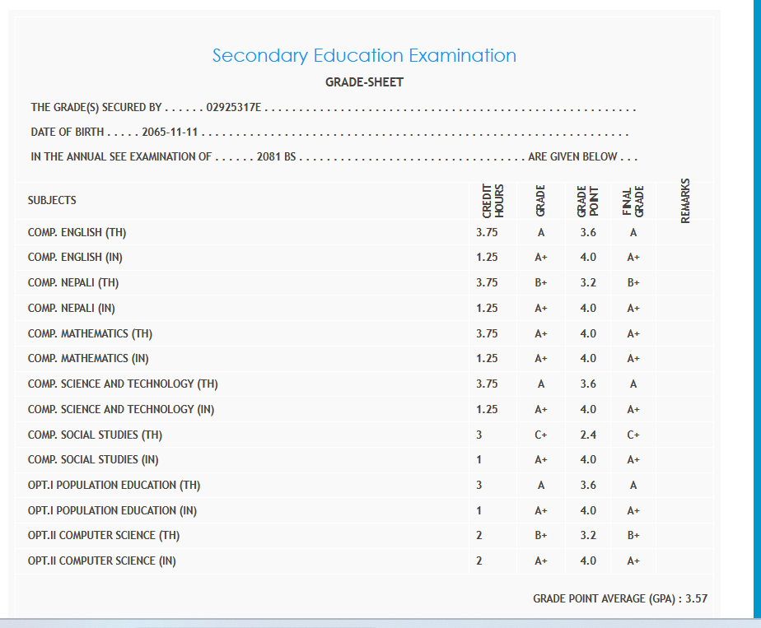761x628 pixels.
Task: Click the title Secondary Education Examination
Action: [364, 56]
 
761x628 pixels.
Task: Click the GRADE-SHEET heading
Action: [364, 82]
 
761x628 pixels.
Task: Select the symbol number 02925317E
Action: [234, 108]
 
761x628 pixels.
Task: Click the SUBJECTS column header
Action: [52, 200]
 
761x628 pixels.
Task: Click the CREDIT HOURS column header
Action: [493, 200]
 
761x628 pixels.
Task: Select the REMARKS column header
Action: [686, 200]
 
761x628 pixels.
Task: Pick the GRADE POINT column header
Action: [587, 200]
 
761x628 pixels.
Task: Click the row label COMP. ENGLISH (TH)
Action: [77, 233]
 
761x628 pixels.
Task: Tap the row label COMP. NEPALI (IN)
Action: [71, 308]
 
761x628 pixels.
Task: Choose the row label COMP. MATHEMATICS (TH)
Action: [90, 333]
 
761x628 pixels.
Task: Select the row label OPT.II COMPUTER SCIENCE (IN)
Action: [101, 561]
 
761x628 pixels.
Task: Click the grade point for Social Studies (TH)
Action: [588, 435]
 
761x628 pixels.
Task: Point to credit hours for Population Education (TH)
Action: [479, 485]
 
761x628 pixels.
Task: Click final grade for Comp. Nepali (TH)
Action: [633, 283]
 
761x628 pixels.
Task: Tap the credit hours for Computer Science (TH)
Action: [479, 536]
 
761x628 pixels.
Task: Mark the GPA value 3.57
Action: [697, 598]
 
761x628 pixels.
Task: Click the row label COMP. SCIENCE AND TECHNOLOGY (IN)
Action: [121, 409]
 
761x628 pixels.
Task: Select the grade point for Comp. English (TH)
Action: [588, 233]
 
